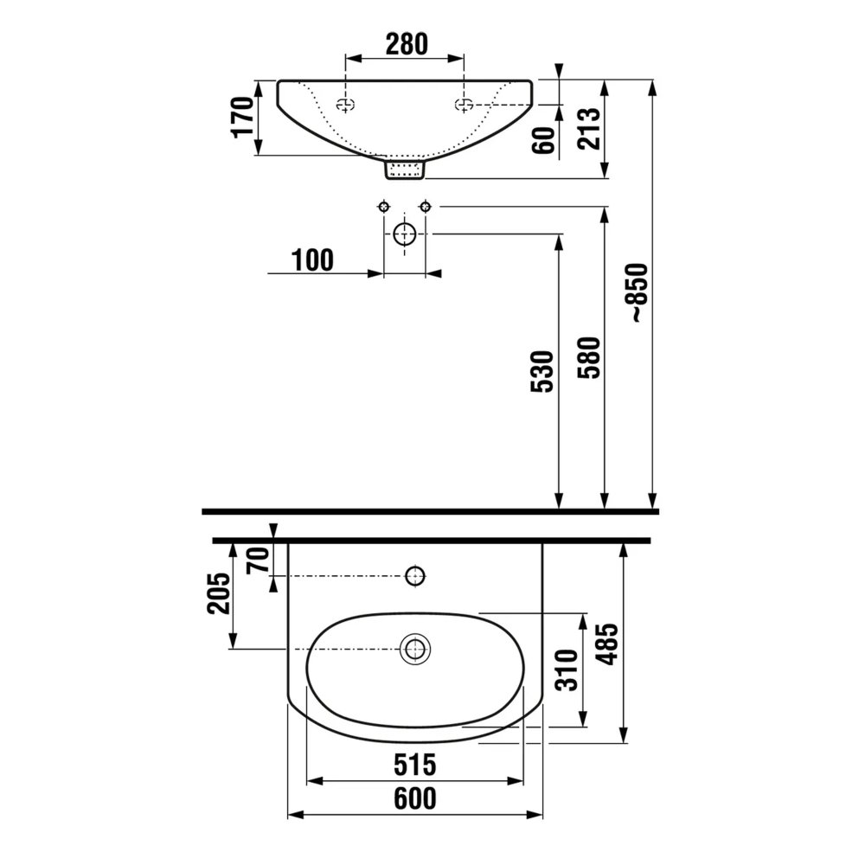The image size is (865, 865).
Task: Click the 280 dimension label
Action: pos(407,44)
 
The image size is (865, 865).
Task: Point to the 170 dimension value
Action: pos(243,117)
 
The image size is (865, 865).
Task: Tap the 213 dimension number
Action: pos(588,129)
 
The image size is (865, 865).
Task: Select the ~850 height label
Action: pos(639,293)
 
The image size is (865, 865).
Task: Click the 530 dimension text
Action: pos(541,371)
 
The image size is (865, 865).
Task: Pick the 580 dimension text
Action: pos(588,357)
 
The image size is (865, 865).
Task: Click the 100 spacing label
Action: pos(312,260)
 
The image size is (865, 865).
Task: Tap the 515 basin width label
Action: pos(415,766)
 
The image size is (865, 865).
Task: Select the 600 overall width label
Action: pos(415,798)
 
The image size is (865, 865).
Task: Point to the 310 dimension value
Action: pos(567,670)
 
